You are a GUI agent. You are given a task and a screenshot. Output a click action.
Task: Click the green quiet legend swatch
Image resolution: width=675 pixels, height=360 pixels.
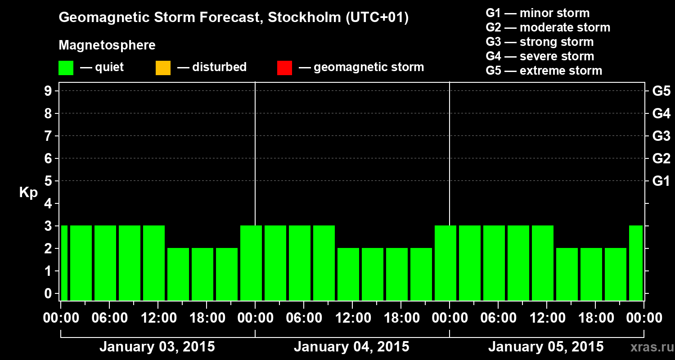click(x=66, y=67)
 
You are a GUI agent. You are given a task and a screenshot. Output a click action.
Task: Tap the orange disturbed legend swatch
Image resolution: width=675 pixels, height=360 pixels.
click(x=163, y=67)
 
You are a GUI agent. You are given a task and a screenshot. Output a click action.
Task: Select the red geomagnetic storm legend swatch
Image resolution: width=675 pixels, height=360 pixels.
click(x=284, y=67)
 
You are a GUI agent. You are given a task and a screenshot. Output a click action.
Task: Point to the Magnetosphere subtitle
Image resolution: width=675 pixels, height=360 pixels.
click(x=107, y=45)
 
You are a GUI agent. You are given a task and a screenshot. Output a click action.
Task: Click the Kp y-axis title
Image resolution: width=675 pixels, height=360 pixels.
click(x=28, y=193)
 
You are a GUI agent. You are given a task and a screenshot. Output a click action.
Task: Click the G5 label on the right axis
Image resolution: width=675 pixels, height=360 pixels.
click(x=661, y=91)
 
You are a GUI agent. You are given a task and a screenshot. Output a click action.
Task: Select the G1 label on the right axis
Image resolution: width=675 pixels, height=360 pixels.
click(x=661, y=181)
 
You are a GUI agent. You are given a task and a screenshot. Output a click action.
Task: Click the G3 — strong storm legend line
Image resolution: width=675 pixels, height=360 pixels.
click(x=540, y=42)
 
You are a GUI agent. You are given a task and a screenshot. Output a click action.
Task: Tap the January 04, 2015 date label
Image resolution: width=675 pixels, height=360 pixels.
click(x=351, y=347)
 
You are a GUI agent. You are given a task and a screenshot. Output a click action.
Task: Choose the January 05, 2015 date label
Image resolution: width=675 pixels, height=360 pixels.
click(x=546, y=347)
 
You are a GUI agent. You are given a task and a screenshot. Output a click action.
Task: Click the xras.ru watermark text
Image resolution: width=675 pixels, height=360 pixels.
click(x=648, y=347)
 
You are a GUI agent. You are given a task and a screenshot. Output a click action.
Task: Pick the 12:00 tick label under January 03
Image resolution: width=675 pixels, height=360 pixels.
click(x=158, y=318)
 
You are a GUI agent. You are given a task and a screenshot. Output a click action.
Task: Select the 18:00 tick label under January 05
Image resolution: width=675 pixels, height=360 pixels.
click(x=595, y=318)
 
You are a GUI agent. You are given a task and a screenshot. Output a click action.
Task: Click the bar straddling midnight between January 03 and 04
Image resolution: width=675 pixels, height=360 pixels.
click(x=251, y=263)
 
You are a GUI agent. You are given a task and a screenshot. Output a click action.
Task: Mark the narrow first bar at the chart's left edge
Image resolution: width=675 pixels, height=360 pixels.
click(x=64, y=263)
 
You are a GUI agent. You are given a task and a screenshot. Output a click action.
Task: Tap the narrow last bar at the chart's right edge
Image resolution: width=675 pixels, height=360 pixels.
click(x=636, y=263)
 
